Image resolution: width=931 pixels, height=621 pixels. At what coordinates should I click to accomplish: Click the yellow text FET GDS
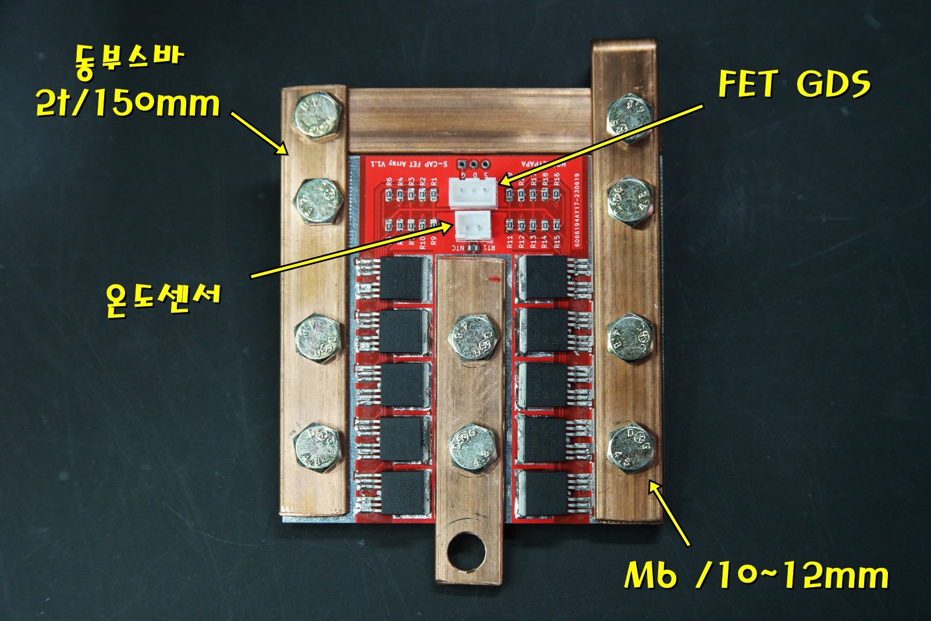[x=794, y=84]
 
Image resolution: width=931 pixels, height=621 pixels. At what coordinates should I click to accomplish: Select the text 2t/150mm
[x=128, y=104]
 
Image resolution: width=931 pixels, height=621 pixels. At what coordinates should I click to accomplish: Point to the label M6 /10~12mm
[x=756, y=574]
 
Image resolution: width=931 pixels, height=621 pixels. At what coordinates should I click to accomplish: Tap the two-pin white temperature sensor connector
[x=472, y=226]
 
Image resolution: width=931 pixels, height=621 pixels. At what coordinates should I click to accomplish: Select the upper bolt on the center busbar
[x=473, y=339]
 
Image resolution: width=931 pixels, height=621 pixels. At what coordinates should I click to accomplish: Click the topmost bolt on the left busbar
[x=317, y=116]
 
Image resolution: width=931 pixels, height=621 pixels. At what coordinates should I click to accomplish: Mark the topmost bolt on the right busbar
[x=629, y=119]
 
